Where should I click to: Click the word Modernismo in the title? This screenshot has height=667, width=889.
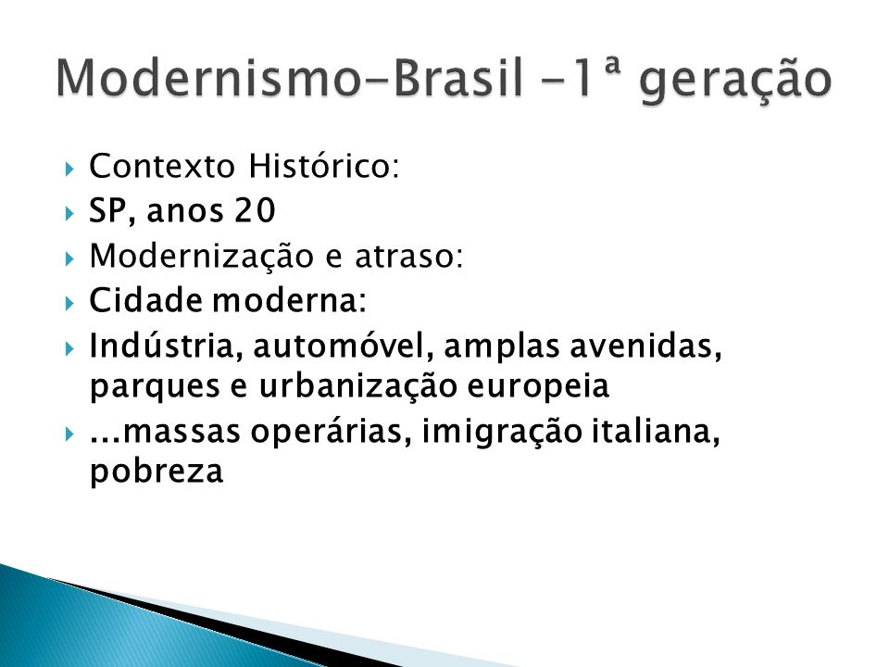point(208,78)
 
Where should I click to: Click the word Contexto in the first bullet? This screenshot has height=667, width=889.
point(162,166)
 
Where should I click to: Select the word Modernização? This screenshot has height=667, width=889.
point(201,257)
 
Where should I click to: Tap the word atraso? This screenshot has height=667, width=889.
point(408,257)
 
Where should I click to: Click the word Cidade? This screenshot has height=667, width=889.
point(145,299)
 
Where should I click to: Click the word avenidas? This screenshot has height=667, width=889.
point(645,346)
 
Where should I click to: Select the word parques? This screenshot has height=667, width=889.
point(155,388)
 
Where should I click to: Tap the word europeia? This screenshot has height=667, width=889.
point(538,388)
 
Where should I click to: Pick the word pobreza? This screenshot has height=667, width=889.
point(157,471)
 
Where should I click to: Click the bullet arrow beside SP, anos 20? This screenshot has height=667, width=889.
point(69,214)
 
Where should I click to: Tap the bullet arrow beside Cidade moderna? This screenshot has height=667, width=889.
point(69,304)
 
